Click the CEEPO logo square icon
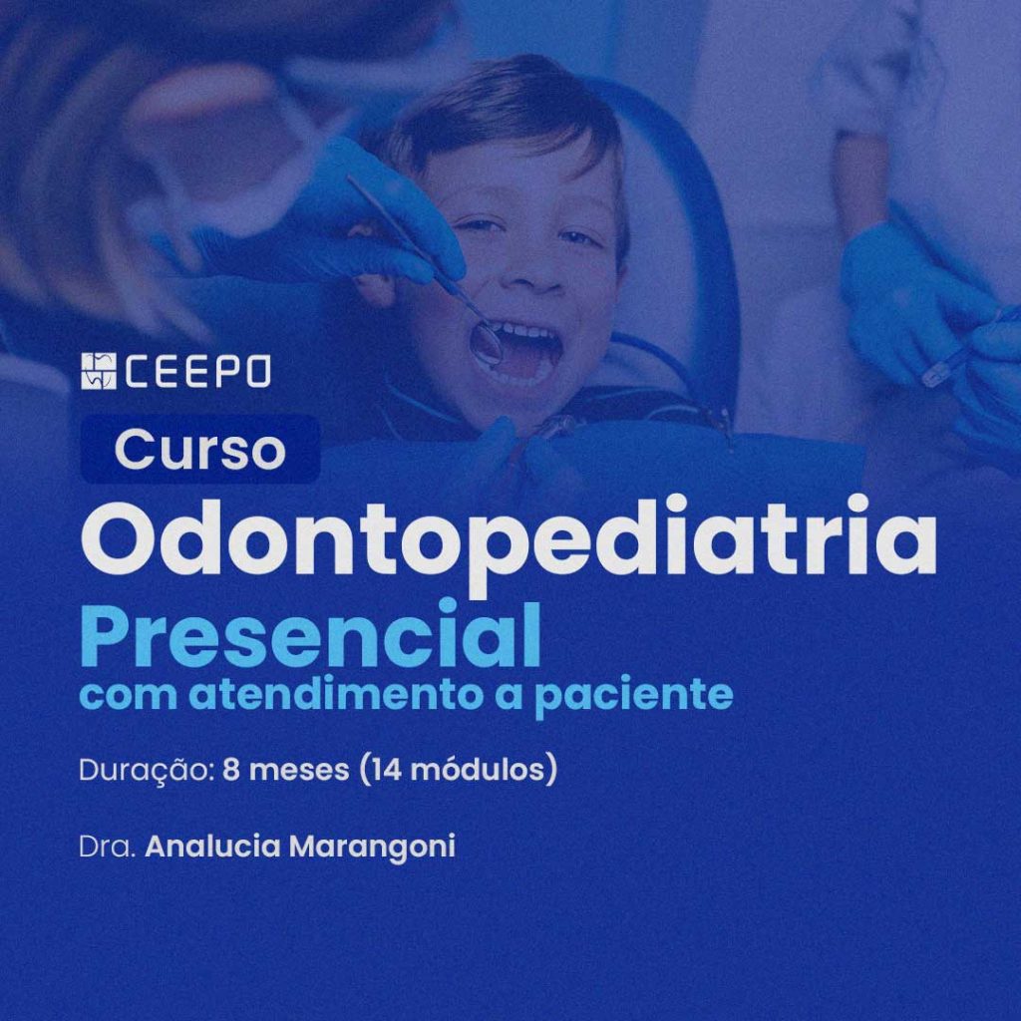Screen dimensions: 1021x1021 pyautogui.click(x=99, y=371)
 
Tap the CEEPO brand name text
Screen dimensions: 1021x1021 pyautogui.click(x=196, y=372)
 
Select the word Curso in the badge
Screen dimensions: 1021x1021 pyautogui.click(x=199, y=450)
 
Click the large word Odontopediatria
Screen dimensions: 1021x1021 pyautogui.click(x=509, y=544)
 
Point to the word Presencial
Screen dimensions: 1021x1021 pyautogui.click(x=311, y=634)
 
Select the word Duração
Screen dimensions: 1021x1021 pyautogui.click(x=148, y=771)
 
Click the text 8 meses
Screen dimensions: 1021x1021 pyautogui.click(x=286, y=770)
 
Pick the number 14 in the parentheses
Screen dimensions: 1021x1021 pyautogui.click(x=385, y=770)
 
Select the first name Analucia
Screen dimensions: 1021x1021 pyautogui.click(x=213, y=847)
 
